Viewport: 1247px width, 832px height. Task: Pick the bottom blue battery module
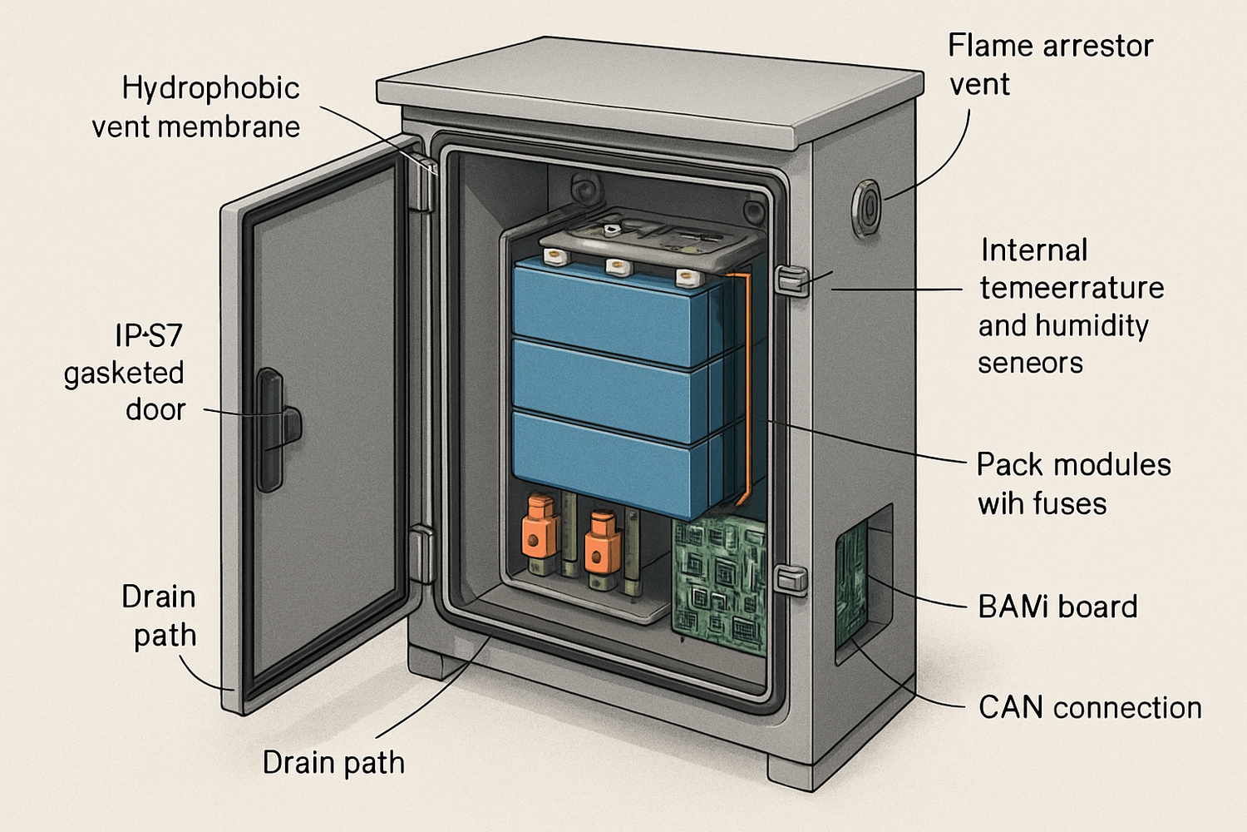[615, 462]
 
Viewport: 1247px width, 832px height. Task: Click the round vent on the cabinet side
[865, 207]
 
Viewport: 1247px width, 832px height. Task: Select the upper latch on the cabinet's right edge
[791, 280]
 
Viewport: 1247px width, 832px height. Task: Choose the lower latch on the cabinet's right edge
[791, 579]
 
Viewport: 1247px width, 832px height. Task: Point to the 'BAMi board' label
[1057, 607]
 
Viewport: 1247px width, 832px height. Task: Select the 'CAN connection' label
[1090, 708]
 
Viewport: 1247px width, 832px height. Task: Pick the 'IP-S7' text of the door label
[148, 335]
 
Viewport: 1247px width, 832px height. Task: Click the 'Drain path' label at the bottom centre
[333, 763]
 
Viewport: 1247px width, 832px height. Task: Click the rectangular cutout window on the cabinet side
[862, 582]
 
